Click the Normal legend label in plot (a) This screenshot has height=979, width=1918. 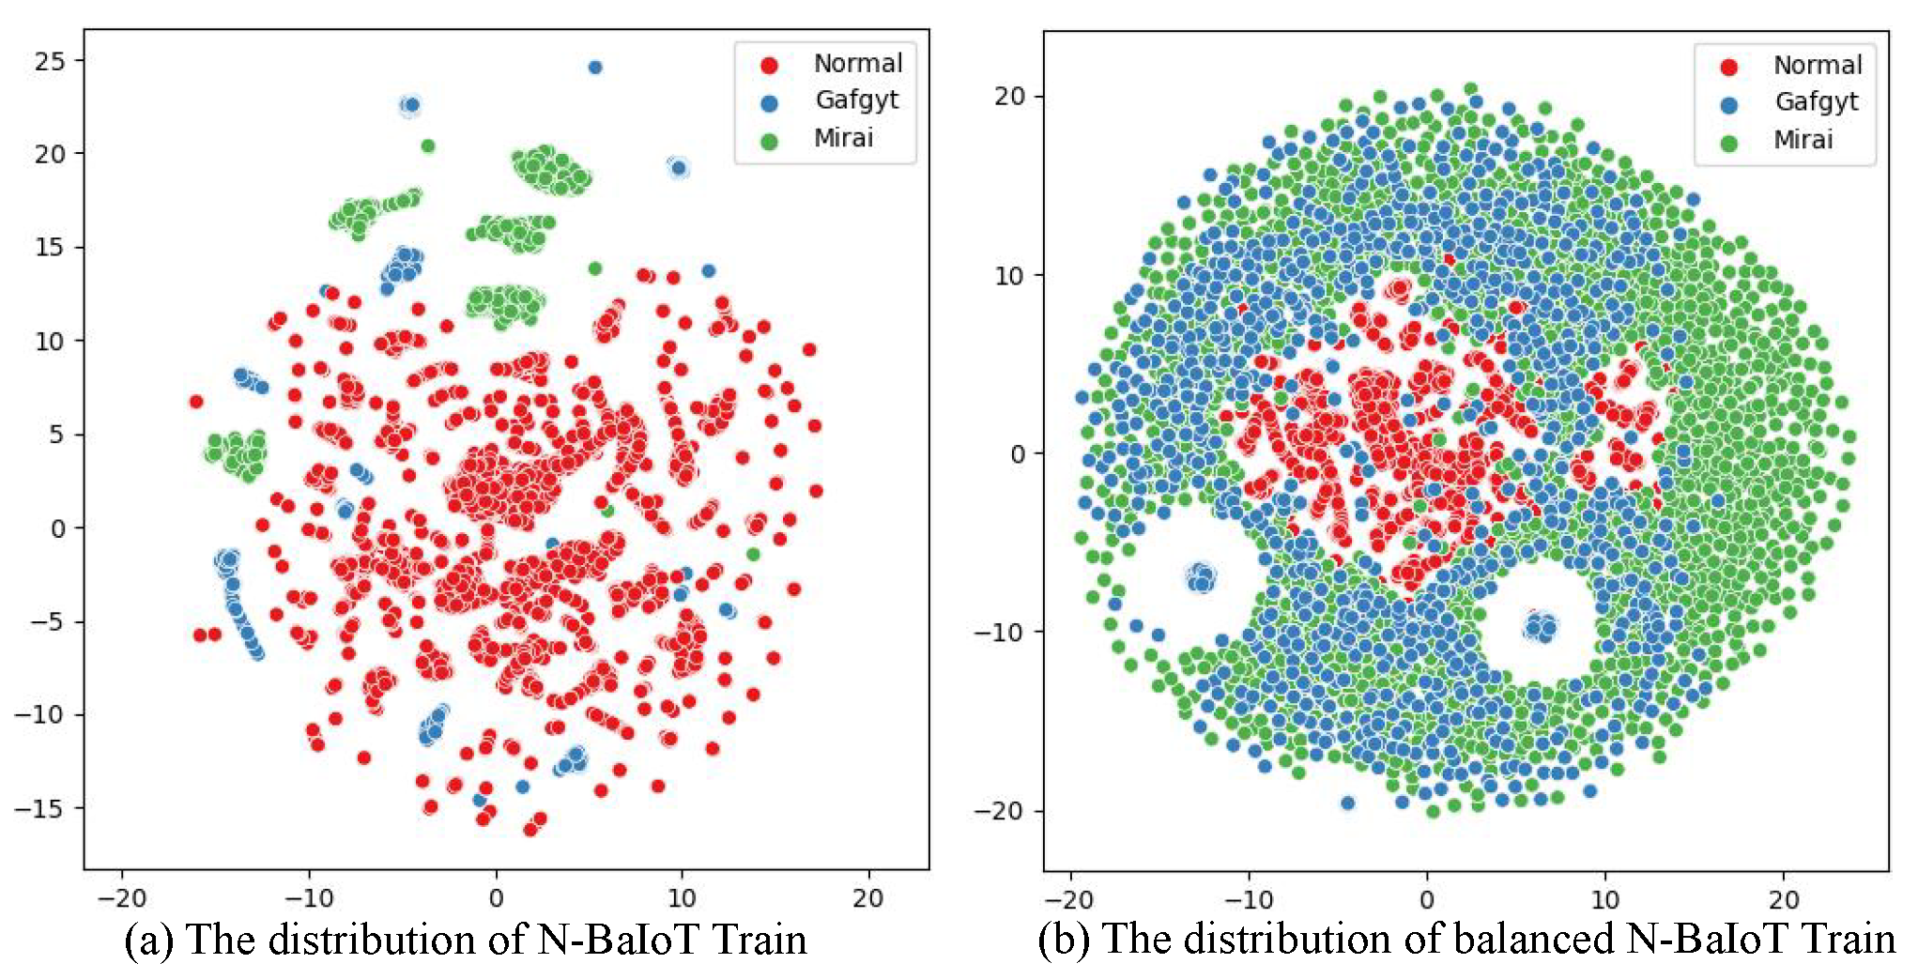coord(857,63)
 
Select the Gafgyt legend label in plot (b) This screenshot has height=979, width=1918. coord(1816,101)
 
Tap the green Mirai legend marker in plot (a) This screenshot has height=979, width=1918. coord(769,141)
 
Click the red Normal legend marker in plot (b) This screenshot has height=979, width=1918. coord(1728,67)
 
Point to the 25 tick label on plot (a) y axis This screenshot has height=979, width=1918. coord(50,62)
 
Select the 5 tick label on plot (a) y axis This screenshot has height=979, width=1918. coord(57,435)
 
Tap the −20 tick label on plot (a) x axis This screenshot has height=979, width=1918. coord(122,898)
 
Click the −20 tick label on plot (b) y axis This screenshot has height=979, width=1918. coord(998,811)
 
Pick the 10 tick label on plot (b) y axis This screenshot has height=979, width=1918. coord(1008,276)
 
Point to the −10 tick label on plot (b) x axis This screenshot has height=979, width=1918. coord(1248,900)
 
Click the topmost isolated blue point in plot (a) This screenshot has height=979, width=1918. coord(594,68)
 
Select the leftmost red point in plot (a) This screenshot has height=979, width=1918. coord(196,402)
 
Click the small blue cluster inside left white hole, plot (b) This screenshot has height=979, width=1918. coord(1201,577)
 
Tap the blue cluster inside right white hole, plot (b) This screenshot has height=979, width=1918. coord(1541,625)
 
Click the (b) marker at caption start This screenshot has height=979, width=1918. coord(1063,940)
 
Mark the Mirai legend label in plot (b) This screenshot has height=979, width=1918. coord(1803,140)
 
